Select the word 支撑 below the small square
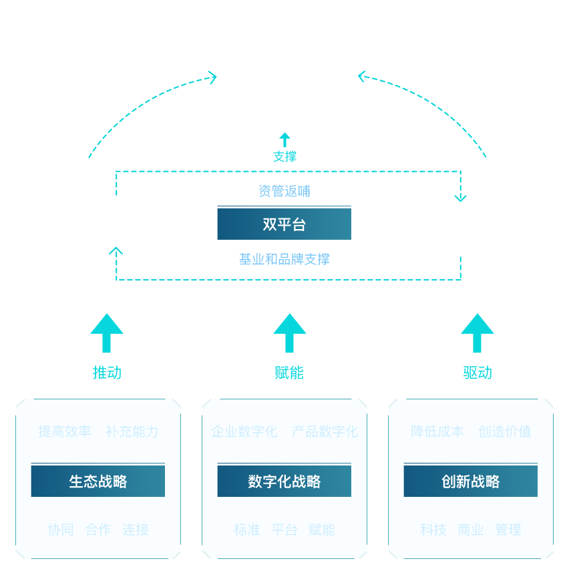(x=284, y=157)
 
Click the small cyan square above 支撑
(x=284, y=139)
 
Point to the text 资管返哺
(x=284, y=192)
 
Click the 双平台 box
(x=284, y=224)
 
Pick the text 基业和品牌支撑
(x=284, y=259)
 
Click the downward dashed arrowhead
(x=460, y=197)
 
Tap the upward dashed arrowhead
(x=116, y=252)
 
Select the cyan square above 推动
(x=106, y=333)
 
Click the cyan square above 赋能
(x=289, y=333)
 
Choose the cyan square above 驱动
(x=477, y=333)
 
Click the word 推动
(x=107, y=373)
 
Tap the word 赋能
(x=289, y=373)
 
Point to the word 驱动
(x=478, y=373)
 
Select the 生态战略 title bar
(x=98, y=482)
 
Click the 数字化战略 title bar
(x=284, y=482)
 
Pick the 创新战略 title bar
(x=470, y=482)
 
